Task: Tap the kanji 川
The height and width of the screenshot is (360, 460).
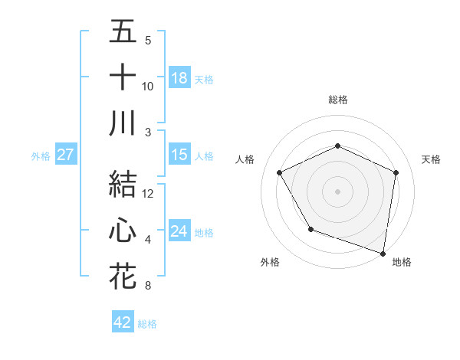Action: point(123,123)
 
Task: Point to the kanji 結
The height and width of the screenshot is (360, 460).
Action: point(123,184)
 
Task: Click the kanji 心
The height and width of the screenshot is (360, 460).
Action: point(123,231)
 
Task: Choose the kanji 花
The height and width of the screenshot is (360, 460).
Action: point(123,276)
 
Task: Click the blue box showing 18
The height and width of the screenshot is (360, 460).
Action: point(179,78)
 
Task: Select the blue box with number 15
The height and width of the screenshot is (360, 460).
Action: point(179,155)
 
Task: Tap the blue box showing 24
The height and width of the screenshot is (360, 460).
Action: point(179,231)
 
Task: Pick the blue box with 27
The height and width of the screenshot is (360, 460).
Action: point(65,155)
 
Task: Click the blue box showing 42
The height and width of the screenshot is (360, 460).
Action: point(123,322)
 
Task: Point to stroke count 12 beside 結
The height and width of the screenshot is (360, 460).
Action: point(148,195)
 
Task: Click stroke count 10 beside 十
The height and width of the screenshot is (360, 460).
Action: point(148,87)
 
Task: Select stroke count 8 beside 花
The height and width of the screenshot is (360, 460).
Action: point(148,286)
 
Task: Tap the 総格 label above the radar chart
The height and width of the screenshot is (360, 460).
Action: point(337,100)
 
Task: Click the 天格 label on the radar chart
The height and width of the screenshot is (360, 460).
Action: point(431,159)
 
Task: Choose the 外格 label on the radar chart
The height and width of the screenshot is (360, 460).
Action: point(270,262)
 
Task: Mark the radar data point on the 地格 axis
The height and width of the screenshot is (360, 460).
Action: point(383,252)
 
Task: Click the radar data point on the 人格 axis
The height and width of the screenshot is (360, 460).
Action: point(280,172)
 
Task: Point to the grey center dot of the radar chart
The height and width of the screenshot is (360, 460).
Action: point(337,191)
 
